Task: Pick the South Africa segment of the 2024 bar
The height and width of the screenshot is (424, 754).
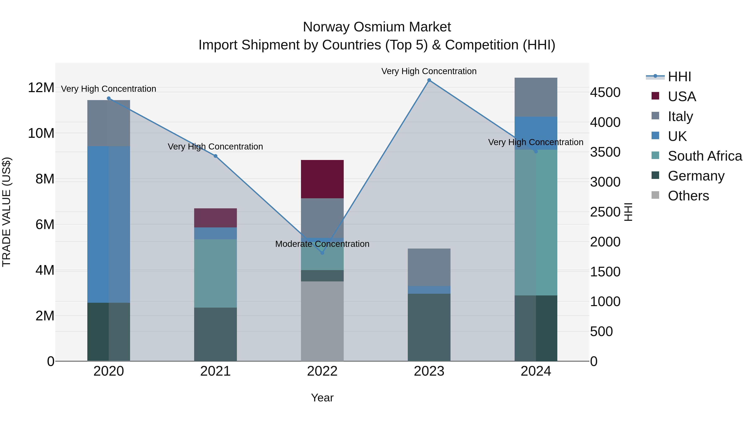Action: [x=536, y=222]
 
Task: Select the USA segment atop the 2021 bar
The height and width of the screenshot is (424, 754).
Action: [x=216, y=218]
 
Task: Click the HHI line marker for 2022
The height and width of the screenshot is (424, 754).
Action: [x=322, y=253]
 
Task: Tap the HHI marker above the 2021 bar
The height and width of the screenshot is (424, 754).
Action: [x=216, y=156]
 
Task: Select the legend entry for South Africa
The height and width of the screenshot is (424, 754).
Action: [x=705, y=156]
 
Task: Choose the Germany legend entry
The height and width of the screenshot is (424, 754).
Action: [x=696, y=176]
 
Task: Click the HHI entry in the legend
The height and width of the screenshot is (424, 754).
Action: [x=679, y=77]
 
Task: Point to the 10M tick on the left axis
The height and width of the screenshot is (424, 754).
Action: [x=41, y=133]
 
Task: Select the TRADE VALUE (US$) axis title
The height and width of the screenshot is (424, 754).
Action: [x=6, y=212]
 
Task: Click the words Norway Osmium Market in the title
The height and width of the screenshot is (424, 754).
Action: [x=377, y=27]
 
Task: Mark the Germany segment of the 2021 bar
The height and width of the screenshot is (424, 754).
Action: [x=216, y=334]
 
